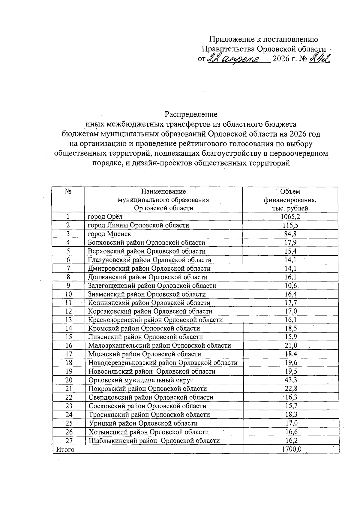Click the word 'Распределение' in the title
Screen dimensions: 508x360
pos(191,114)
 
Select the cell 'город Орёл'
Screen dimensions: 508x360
pos(105,217)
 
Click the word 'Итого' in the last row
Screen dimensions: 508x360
pos(65,449)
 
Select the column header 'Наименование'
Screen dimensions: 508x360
pos(163,191)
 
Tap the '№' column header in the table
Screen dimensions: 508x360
pos(68,191)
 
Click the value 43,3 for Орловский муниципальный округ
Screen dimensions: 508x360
pos(290,380)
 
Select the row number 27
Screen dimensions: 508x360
pos(69,440)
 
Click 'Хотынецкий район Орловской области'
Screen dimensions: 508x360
pos(148,432)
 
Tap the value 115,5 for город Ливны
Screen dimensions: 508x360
pos(290,225)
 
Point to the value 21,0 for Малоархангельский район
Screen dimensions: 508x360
pos(291,345)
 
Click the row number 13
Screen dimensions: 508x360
pos(69,320)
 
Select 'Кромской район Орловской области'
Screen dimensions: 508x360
pos(144,328)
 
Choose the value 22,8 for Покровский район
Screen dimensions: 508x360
pos(290,389)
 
